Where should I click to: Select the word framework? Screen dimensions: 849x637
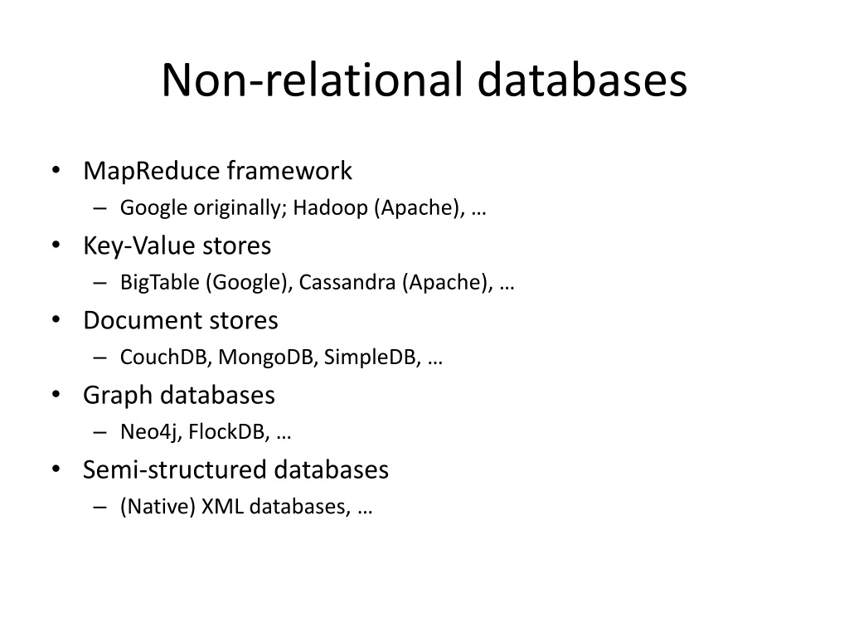click(289, 170)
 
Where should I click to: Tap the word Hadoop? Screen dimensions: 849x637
click(330, 208)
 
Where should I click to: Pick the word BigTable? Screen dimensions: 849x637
click(160, 283)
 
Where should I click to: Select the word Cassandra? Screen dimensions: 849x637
click(347, 282)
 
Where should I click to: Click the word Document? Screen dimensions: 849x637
click(143, 320)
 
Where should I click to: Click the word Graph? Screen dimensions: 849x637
click(118, 396)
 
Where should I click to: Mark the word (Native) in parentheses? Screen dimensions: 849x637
click(158, 507)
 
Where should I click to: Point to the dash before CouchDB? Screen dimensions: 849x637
click(100, 357)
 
